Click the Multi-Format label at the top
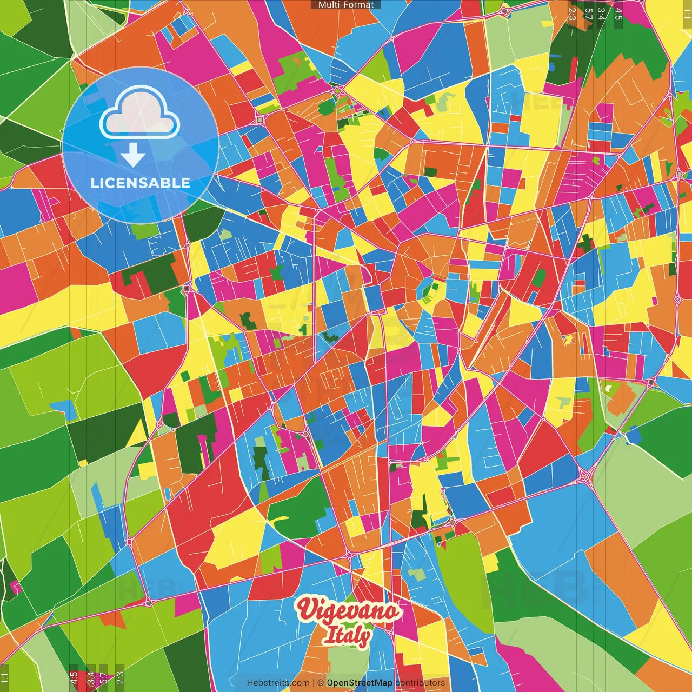(346, 5)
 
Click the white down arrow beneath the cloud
(133, 156)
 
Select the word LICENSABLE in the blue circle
(141, 183)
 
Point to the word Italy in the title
(347, 636)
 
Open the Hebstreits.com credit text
(278, 683)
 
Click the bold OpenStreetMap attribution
(360, 683)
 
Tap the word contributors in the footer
(420, 683)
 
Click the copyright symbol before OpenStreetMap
(320, 683)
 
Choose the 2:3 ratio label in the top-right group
(572, 14)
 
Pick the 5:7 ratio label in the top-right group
(589, 14)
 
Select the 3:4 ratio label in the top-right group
(601, 14)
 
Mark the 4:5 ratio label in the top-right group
(618, 14)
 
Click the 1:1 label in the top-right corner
(687, 12)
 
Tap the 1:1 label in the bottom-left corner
(5, 678)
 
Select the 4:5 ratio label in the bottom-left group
(74, 678)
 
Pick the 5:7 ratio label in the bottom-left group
(103, 678)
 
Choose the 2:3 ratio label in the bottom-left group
(120, 678)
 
